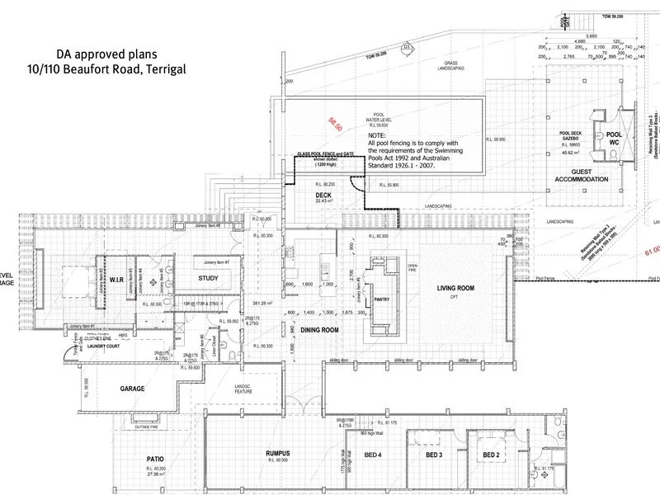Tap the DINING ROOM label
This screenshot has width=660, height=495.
pos(319,330)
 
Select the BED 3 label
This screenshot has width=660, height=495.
pos(435,455)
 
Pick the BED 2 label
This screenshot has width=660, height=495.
pos(492,455)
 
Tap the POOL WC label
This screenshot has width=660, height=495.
pos(614,138)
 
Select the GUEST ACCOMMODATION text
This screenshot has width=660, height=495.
pos(582,174)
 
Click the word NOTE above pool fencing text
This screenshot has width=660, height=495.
pos(377,134)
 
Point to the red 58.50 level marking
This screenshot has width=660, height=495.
pos(334,123)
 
